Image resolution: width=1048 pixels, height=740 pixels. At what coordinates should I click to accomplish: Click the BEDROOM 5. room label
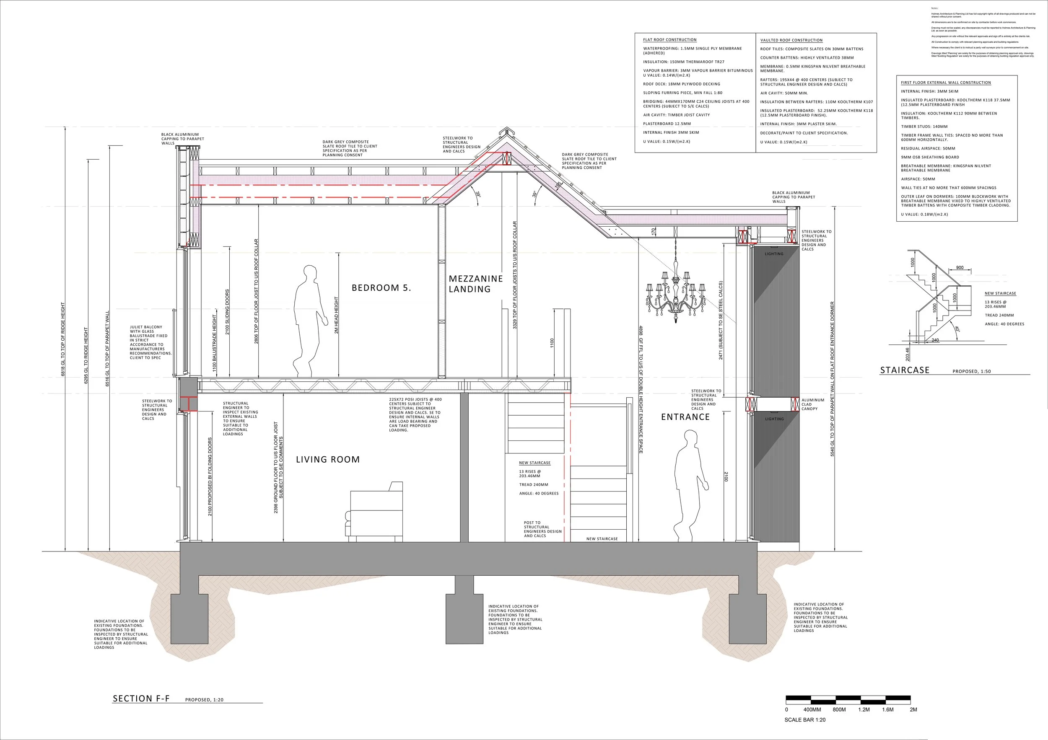[x=381, y=288]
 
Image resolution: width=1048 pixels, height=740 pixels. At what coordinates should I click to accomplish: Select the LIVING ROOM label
[x=328, y=459]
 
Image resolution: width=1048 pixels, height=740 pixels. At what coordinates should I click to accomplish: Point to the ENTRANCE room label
[x=685, y=417]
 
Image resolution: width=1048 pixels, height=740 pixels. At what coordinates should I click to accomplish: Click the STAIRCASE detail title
[x=904, y=370]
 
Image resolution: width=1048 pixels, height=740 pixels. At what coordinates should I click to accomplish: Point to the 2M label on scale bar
[x=913, y=709]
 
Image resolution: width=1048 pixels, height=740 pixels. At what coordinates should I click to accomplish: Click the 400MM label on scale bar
[x=812, y=709]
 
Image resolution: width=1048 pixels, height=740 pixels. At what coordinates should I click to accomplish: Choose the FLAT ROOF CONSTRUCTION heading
[x=669, y=40]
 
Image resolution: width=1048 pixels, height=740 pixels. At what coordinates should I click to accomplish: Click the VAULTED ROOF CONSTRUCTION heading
[x=791, y=40]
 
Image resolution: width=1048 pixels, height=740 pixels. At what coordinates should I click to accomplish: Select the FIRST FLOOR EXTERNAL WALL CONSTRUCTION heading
[x=946, y=83]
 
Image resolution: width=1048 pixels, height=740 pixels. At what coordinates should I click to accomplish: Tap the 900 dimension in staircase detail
[x=960, y=267]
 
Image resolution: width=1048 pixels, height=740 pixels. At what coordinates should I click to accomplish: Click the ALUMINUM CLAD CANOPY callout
[x=813, y=404]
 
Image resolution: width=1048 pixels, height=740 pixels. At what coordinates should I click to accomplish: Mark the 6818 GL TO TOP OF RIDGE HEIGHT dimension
[x=63, y=339]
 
